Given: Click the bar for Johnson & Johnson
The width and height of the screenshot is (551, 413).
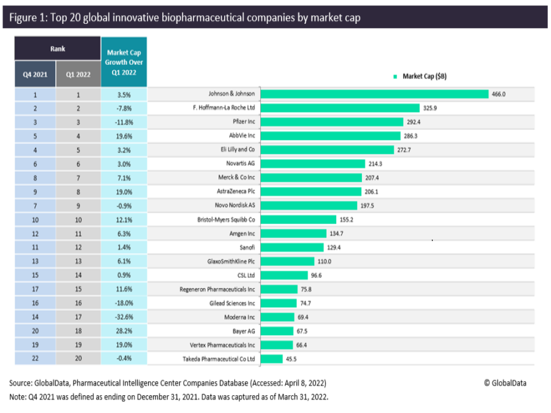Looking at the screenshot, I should coord(375,94).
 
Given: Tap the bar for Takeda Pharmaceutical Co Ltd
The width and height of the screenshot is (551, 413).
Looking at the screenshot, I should coord(272,359).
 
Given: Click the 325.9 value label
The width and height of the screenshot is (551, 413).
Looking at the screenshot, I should coord(430,108).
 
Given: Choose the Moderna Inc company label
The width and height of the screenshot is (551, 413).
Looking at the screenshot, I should coord(239,317).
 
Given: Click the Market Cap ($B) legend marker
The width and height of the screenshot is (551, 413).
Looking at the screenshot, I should coord(396,76).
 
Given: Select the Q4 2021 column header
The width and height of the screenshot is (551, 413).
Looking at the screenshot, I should coord(35,75).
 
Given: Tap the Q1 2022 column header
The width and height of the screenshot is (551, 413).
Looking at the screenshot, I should coord(78,75).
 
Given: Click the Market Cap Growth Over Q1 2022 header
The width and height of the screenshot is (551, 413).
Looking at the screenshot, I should coord(124,62).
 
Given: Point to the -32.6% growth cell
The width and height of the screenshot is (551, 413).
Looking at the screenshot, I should coord(124,317).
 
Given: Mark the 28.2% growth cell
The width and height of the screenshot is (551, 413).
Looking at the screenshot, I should coord(124,331).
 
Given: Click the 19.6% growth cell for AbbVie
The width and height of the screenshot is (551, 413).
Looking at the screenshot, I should coord(124,136).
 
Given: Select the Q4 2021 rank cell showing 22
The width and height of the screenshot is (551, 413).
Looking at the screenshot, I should coord(35,359).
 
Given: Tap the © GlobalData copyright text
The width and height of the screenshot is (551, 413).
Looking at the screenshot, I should coord(505,383).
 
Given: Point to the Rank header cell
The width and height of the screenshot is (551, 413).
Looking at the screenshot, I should coord(58,48).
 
